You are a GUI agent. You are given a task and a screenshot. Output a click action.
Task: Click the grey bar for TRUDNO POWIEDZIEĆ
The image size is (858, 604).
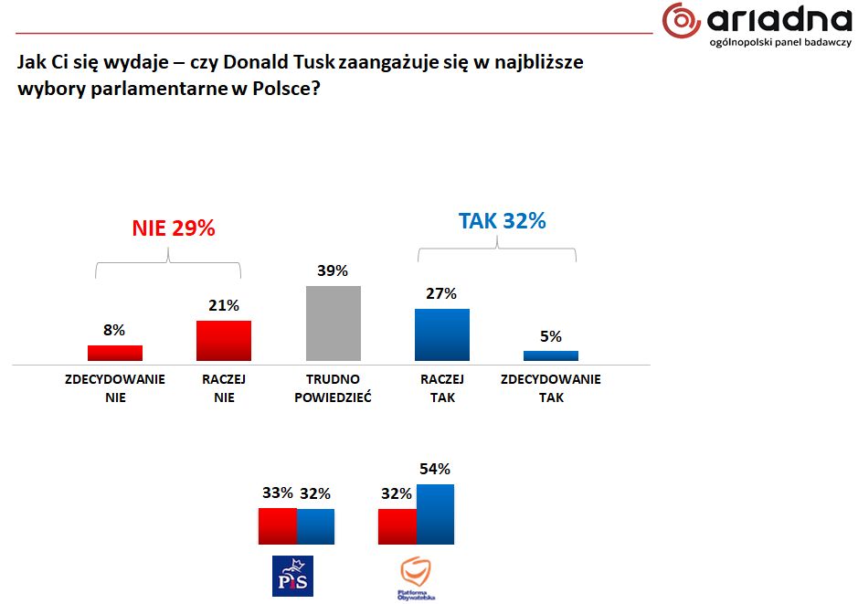(333, 323)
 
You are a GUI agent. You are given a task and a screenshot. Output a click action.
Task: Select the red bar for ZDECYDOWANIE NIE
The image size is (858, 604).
(115, 354)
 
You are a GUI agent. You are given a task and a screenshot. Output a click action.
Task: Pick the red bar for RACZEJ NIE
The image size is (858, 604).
(224, 341)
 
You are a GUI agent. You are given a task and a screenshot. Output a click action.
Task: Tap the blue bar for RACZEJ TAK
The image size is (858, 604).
(441, 334)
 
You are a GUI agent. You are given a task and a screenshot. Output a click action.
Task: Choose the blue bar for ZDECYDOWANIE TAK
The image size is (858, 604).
(550, 356)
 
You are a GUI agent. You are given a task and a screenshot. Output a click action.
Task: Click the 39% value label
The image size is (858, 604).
(333, 271)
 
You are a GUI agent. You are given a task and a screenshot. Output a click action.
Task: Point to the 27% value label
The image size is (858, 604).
(441, 294)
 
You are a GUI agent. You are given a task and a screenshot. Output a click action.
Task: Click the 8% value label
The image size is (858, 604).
(114, 331)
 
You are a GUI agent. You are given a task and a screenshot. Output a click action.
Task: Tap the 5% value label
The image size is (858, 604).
(550, 336)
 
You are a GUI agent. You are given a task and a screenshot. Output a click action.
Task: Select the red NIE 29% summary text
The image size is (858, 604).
(174, 228)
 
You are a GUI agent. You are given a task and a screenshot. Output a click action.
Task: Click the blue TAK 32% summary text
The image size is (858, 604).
(502, 221)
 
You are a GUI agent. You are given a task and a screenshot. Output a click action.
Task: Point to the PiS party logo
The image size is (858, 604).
(292, 576)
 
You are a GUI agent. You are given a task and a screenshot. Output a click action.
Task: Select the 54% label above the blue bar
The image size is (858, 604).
(434, 470)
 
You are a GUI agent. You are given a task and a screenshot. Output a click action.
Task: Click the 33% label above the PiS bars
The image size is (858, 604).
(277, 493)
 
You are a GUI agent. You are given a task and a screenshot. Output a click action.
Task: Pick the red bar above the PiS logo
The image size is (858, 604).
(278, 526)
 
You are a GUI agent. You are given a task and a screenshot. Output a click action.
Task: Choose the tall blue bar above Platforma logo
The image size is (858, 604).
(435, 514)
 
